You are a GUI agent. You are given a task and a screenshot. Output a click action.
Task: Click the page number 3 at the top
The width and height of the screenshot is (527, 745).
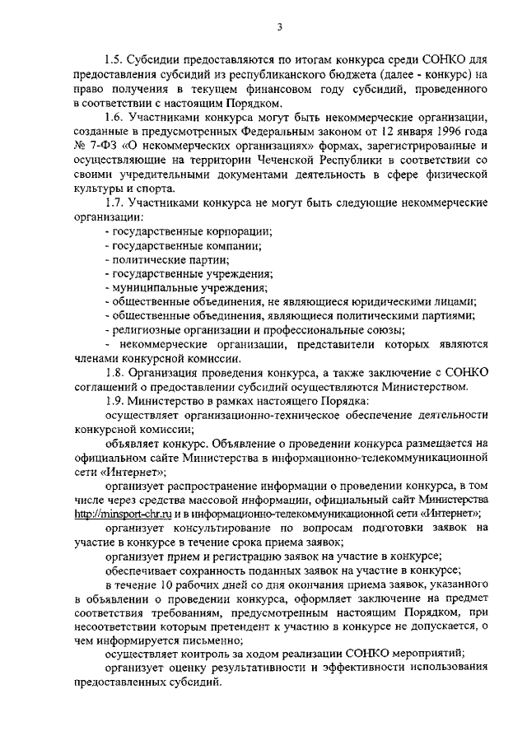[x=279, y=28]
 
